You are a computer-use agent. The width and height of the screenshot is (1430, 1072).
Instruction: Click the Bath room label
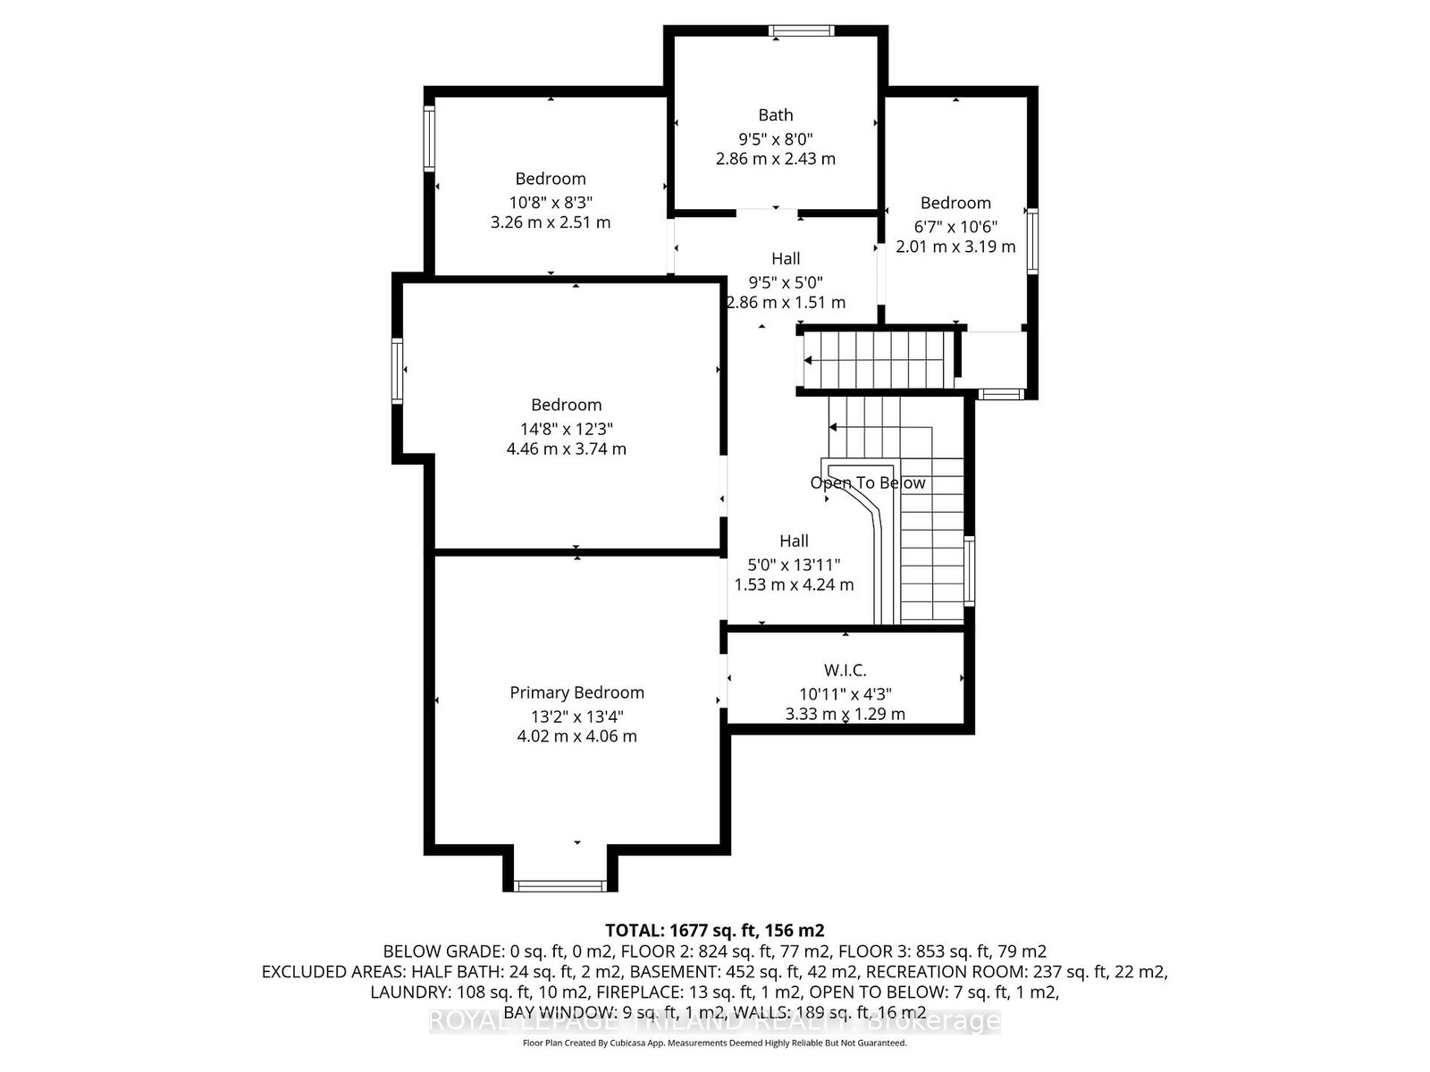[x=775, y=115]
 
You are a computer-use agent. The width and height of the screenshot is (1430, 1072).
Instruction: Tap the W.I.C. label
[x=845, y=670]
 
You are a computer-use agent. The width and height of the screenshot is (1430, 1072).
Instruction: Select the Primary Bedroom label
[x=576, y=692]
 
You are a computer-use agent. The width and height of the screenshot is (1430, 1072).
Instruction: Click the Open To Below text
[x=867, y=482]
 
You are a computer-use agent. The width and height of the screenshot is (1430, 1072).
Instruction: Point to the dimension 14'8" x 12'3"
[x=566, y=429]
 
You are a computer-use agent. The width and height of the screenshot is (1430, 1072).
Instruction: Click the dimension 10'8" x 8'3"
[x=551, y=203]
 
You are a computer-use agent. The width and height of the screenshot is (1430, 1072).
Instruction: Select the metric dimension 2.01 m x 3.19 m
[x=955, y=247]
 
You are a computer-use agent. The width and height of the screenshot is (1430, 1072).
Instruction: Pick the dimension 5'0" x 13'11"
[x=794, y=565]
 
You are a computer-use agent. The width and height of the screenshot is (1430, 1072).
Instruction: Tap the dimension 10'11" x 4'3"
[x=845, y=694]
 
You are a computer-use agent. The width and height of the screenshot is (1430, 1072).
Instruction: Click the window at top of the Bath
[x=801, y=30]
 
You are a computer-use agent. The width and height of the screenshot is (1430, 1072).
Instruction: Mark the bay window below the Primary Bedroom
[x=559, y=886]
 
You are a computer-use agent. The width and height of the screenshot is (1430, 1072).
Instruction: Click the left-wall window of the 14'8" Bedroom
[x=397, y=371]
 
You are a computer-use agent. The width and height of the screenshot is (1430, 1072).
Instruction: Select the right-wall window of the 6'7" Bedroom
[x=1032, y=240]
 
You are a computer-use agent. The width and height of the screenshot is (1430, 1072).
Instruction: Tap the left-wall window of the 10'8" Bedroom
[x=429, y=139]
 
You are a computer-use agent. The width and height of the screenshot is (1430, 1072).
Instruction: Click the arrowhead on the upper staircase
[x=808, y=360]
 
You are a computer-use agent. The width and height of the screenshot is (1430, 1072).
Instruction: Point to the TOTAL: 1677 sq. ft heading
[x=715, y=930]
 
